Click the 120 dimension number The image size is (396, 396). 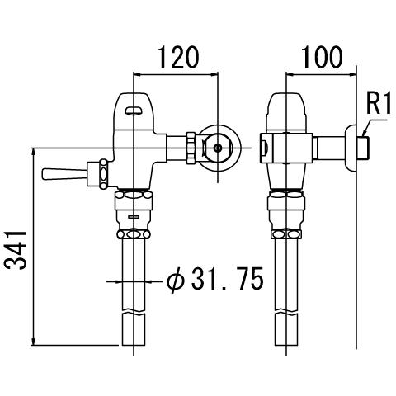click(178, 58)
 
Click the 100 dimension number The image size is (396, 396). click(322, 58)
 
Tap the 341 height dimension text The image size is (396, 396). click(16, 250)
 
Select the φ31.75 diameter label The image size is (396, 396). click(215, 278)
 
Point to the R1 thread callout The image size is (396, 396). click(379, 104)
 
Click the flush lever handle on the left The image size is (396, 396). click(64, 174)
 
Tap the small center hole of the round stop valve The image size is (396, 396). click(218, 148)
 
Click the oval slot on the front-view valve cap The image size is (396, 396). click(134, 111)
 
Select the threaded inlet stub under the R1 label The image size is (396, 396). click(363, 148)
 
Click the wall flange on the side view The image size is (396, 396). click(351, 148)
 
